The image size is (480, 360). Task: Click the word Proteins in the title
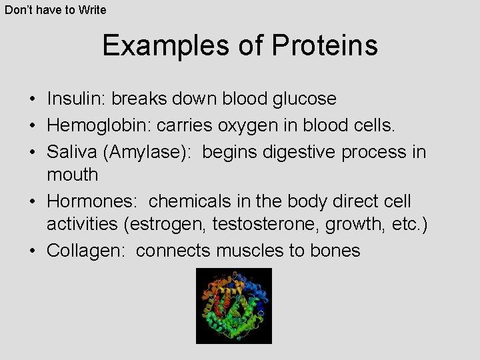[x=325, y=46]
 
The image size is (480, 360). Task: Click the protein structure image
[x=234, y=306]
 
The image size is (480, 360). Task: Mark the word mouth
[x=72, y=175]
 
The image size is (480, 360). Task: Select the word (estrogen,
[x=165, y=225]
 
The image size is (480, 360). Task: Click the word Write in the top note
[x=92, y=9]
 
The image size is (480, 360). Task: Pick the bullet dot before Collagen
[x=33, y=251]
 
